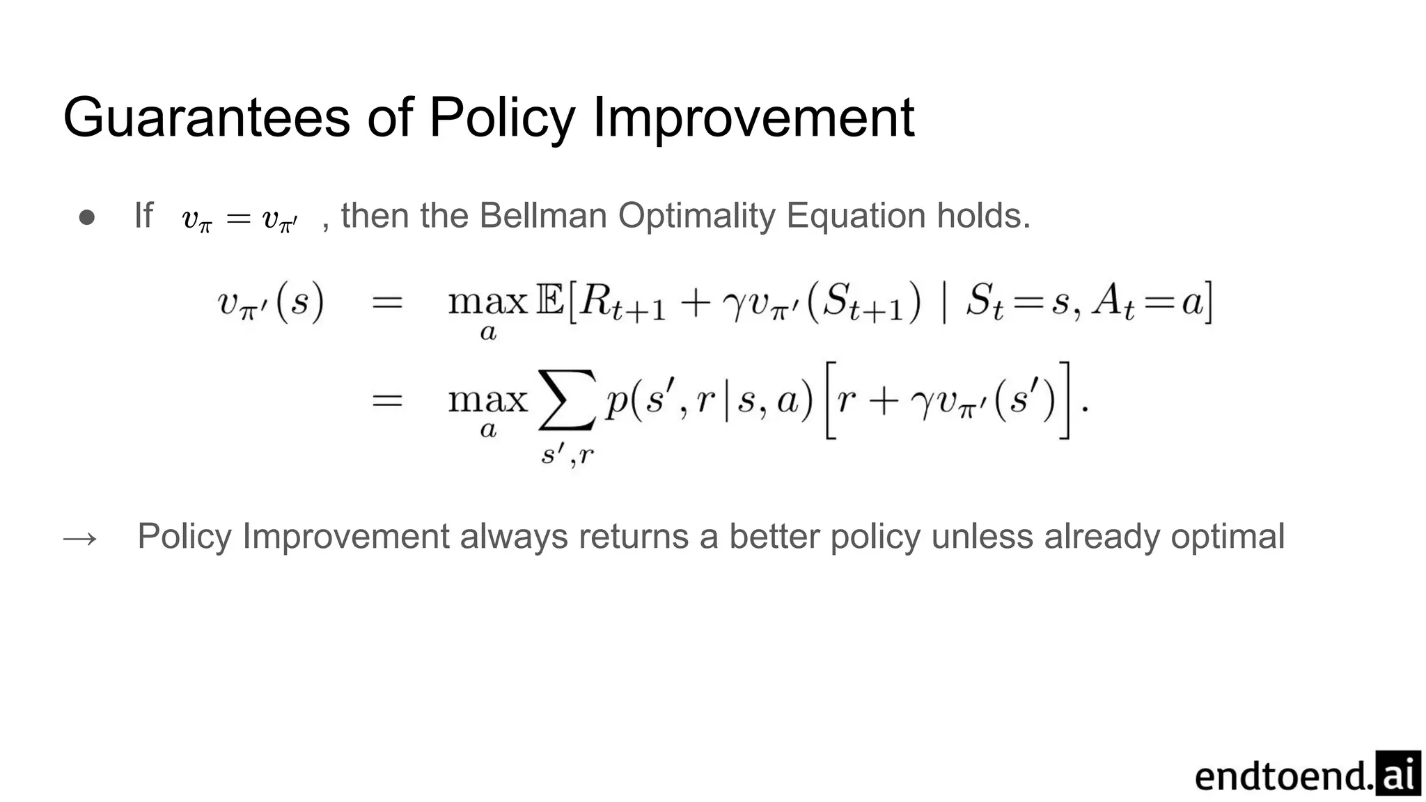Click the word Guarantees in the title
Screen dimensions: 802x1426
206,117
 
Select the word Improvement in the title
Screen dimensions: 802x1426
753,117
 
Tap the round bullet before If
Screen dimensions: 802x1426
87,217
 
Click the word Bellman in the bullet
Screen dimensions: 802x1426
543,215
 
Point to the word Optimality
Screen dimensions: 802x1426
696,215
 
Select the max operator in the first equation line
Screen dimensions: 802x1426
487,303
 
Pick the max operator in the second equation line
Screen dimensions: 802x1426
487,400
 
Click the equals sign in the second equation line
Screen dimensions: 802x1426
387,401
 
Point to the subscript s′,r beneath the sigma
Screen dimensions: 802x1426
568,455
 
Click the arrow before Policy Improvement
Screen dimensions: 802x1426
80,538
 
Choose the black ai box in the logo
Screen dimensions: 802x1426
1398,773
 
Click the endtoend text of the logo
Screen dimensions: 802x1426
1283,776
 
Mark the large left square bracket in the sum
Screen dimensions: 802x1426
830,400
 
